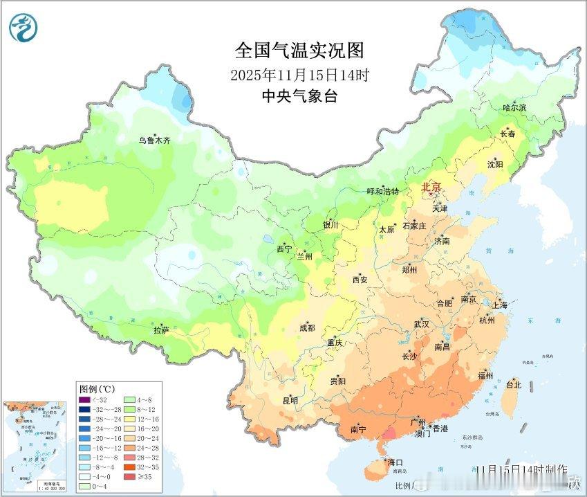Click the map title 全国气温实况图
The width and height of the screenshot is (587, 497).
click(299, 51)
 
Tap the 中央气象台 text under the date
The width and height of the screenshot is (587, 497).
click(299, 97)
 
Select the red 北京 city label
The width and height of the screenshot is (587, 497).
click(431, 188)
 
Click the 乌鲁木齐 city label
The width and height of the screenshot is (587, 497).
click(154, 140)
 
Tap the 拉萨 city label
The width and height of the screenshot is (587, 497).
click(161, 330)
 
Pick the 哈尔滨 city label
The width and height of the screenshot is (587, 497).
click(514, 108)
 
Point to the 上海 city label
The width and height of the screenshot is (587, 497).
click(499, 305)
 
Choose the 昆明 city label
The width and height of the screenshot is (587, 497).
click(290, 400)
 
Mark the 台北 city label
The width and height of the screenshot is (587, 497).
click(514, 384)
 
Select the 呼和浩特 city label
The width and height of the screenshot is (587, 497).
click(382, 191)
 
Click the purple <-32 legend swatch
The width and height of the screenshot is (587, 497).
click(84, 399)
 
